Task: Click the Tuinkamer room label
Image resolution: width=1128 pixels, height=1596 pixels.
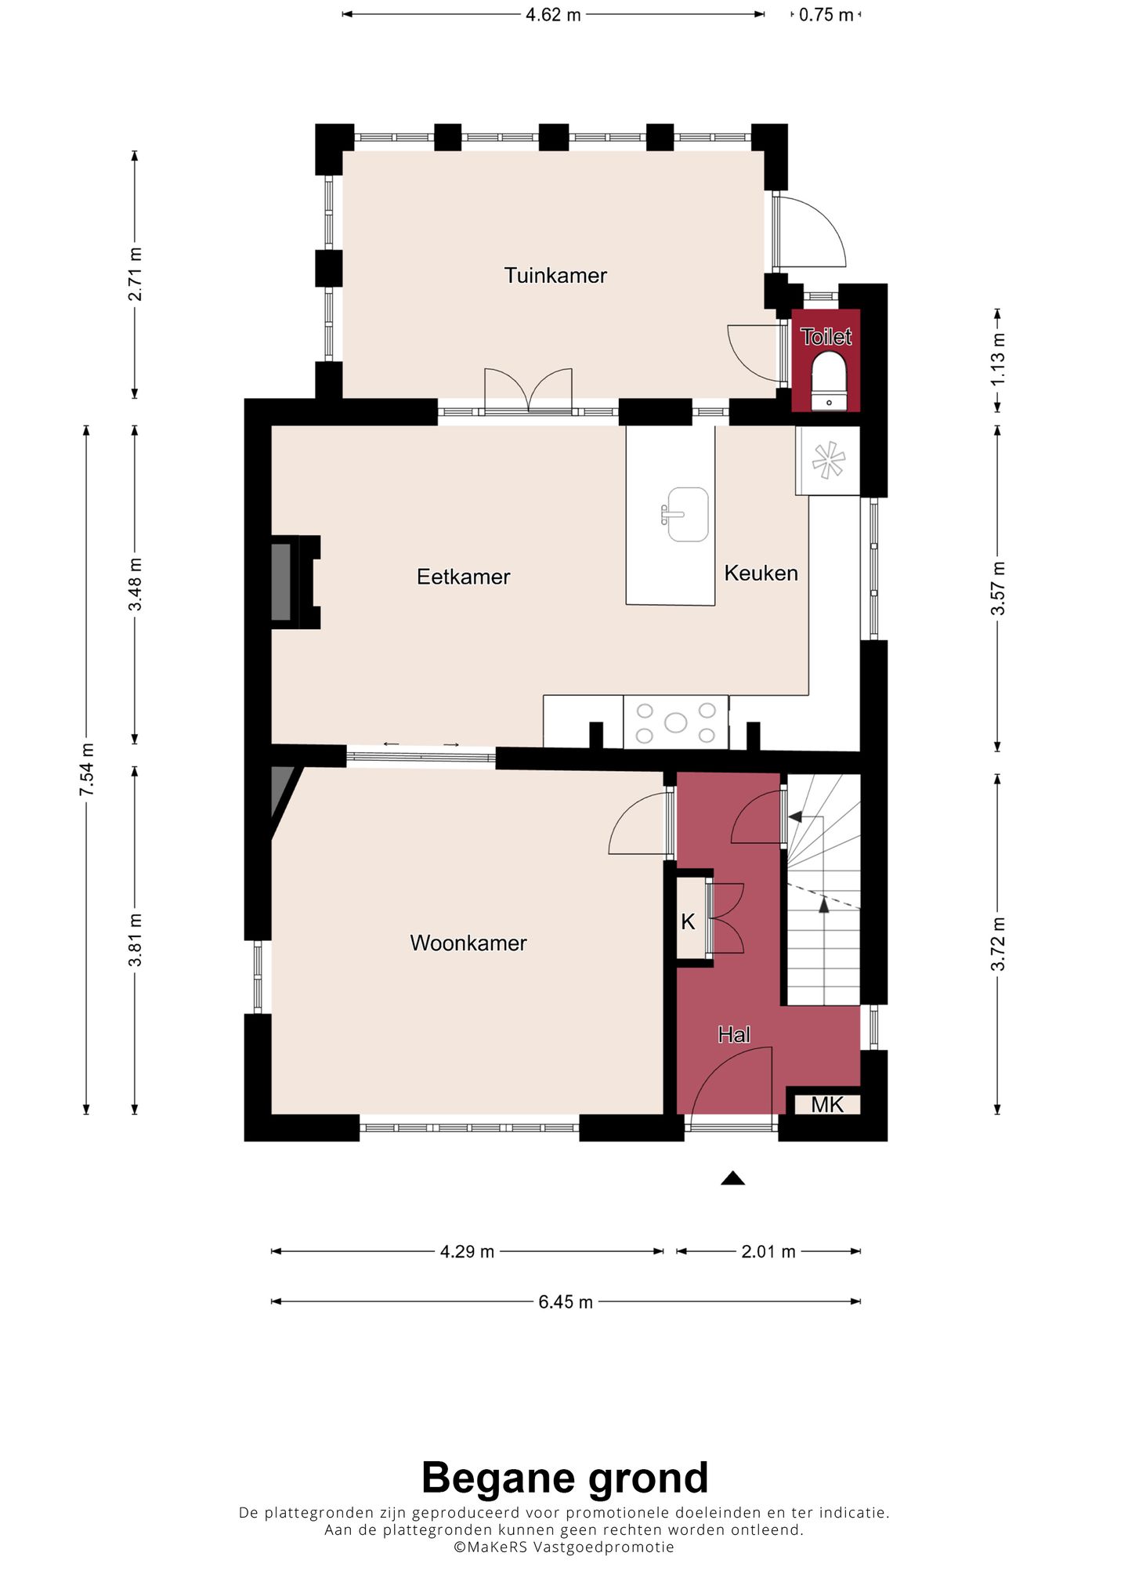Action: click(555, 276)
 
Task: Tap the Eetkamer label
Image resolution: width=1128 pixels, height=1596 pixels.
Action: click(463, 577)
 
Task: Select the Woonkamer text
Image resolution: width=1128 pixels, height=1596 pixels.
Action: click(468, 943)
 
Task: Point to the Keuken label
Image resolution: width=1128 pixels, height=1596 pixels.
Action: click(761, 573)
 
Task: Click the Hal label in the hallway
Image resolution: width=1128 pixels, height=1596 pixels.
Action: click(734, 1035)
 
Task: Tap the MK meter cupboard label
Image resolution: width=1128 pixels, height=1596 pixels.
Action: click(827, 1105)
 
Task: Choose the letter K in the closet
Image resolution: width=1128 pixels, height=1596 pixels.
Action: click(688, 922)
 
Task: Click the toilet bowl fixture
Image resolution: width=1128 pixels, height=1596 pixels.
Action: click(828, 380)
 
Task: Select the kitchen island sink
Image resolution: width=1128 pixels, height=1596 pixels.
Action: click(686, 514)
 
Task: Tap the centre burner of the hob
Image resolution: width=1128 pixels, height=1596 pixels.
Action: click(675, 722)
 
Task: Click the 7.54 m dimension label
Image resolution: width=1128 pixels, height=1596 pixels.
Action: click(86, 769)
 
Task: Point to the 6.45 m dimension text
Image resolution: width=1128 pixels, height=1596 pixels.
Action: click(566, 1302)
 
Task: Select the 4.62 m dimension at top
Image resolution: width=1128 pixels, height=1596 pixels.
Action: click(553, 15)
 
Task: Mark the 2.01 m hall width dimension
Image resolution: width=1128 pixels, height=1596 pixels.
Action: click(768, 1252)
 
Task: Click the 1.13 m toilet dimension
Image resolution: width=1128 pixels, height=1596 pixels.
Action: click(997, 360)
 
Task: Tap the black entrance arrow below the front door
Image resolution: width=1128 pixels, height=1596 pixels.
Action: click(732, 1178)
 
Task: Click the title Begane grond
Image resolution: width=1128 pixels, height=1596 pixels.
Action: click(565, 1478)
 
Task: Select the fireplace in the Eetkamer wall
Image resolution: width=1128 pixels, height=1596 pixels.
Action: click(295, 582)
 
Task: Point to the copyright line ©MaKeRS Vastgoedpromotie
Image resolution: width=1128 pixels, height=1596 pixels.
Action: click(564, 1547)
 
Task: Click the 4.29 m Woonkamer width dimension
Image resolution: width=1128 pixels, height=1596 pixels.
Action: click(467, 1252)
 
